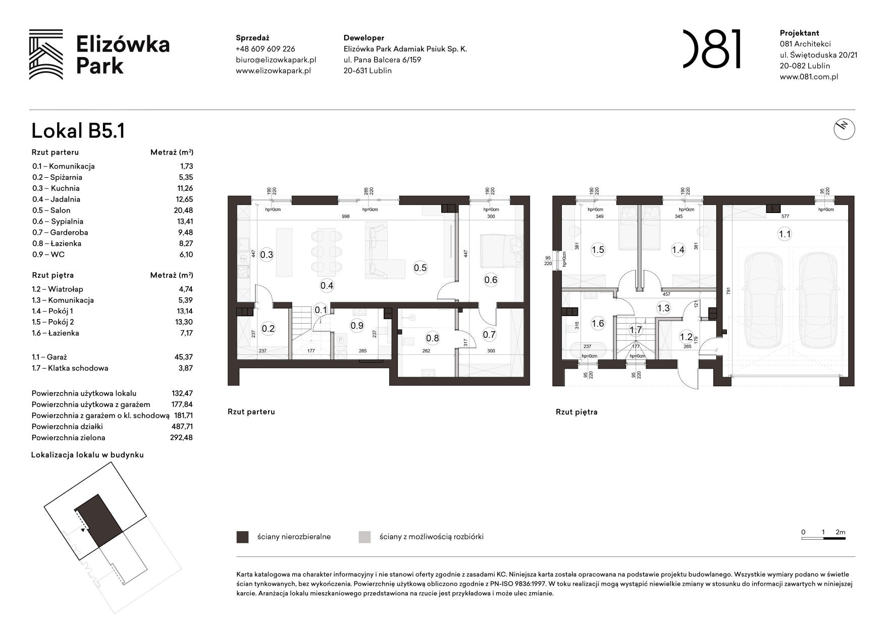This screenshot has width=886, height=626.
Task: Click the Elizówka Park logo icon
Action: tap(46, 55)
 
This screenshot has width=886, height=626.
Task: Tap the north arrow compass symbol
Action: tap(844, 129)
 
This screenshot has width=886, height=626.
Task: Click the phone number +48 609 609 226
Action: tap(265, 49)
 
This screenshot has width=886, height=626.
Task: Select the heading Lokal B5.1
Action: tap(78, 131)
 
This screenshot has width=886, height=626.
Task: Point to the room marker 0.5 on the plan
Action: tap(420, 268)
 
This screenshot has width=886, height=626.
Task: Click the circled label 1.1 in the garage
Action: tap(785, 234)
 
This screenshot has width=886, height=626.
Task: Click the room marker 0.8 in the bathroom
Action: tap(432, 338)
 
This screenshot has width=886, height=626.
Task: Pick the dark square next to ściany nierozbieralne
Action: tap(242, 537)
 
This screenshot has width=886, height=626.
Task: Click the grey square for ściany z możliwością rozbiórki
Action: tap(364, 537)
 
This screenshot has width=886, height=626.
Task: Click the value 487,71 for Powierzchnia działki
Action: tap(182, 427)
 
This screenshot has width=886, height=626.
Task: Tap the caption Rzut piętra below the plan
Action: tap(577, 412)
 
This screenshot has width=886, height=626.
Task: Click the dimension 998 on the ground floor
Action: tap(345, 217)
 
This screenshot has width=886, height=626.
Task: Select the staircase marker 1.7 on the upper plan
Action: tap(635, 330)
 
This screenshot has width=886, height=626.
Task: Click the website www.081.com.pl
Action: tap(809, 77)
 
